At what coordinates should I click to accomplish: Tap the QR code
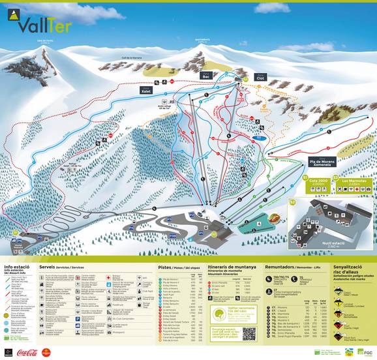[249, 333]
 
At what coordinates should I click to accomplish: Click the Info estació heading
[17, 267]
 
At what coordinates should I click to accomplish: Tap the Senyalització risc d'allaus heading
[352, 269]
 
